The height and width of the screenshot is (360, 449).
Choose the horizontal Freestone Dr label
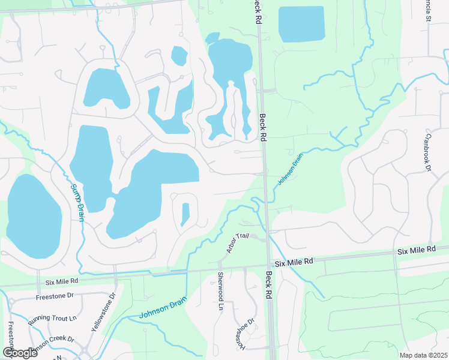click(53, 295)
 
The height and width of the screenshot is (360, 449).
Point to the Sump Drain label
click(77, 202)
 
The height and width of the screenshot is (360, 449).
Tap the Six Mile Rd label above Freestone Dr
click(62, 281)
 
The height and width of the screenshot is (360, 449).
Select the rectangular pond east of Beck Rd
click(301, 24)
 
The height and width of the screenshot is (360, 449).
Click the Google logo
click(19, 353)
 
